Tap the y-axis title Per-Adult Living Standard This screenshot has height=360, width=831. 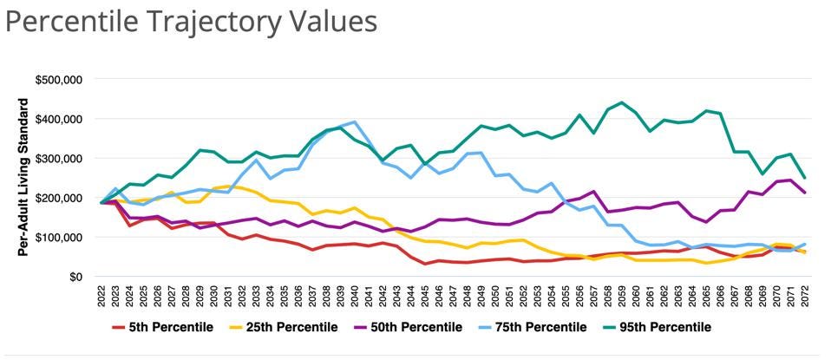pyautogui.click(x=23, y=177)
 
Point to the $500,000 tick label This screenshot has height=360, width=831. pyautogui.click(x=58, y=80)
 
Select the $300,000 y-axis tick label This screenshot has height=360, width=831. pyautogui.click(x=58, y=159)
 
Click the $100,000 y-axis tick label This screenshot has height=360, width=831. pyautogui.click(x=58, y=237)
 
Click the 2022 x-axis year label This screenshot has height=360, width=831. pyautogui.click(x=103, y=296)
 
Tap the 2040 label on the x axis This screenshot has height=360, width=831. pyautogui.click(x=354, y=296)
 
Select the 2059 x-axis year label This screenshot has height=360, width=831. pyautogui.click(x=619, y=296)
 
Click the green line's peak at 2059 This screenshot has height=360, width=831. pyautogui.click(x=619, y=102)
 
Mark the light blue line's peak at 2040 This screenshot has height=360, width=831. pyautogui.click(x=354, y=122)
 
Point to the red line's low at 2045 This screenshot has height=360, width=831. pyautogui.click(x=424, y=264)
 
